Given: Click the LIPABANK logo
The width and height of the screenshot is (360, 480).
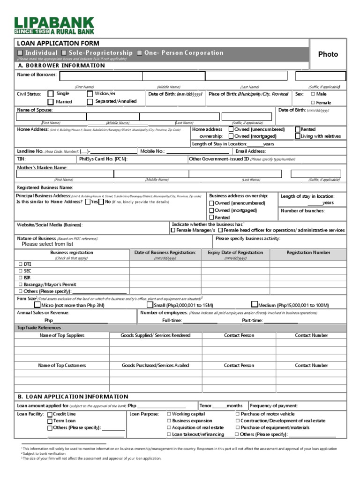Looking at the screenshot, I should point(54,26).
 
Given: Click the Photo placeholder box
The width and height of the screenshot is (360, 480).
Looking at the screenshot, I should point(328,54).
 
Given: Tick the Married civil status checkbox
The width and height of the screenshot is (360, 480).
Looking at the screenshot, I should point(50,102).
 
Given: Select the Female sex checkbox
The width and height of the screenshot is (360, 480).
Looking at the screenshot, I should point(313,102).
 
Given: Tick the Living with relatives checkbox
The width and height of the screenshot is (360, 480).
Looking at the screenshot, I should point(298,136).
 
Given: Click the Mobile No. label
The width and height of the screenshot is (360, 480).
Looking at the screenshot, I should point(152,151).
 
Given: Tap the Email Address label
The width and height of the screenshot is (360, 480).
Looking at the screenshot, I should point(250,151).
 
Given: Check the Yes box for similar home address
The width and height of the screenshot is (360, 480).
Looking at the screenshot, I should point(88,202).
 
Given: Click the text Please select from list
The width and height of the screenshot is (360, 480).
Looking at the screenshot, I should point(47,244).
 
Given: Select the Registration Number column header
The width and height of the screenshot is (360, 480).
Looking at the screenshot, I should point(308,253).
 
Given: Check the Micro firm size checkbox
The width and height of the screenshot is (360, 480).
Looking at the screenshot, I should point(37,304).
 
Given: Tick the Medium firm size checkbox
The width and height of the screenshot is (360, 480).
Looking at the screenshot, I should point(255,304).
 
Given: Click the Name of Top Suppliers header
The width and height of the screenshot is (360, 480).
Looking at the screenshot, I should point(62,335).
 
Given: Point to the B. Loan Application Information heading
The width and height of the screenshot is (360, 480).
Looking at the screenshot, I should point(73,397).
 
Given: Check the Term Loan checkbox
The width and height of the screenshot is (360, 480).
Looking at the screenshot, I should point(50,421).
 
